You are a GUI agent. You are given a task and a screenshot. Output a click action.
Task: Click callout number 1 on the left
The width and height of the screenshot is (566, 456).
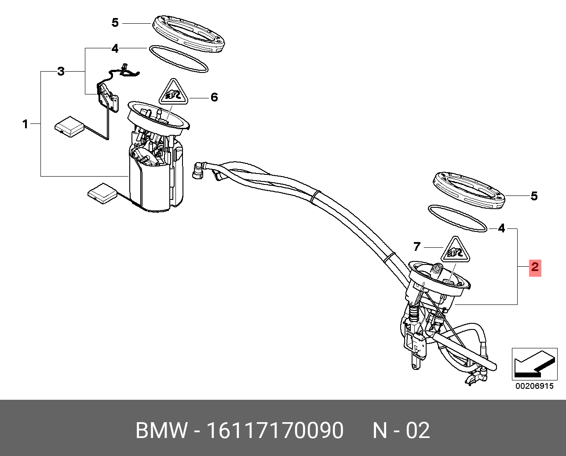tap(25, 124)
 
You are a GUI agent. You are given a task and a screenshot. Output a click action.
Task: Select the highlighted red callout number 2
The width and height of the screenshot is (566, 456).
tap(534, 267)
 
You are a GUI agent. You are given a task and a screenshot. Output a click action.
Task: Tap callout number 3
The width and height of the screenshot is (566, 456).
tap(61, 71)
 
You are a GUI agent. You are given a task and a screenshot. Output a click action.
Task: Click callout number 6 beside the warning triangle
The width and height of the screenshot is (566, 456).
tap(214, 97)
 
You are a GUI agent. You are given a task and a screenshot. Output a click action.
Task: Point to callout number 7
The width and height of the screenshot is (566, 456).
tap(417, 246)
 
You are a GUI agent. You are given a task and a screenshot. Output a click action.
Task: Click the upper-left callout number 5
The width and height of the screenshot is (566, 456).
tap(115, 22)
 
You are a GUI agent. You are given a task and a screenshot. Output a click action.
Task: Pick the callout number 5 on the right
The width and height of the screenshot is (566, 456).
tap(534, 196)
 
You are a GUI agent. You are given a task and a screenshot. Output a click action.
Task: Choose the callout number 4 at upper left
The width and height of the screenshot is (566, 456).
tap(115, 48)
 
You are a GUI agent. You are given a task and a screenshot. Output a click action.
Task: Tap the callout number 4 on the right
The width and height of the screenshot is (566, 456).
tap(501, 228)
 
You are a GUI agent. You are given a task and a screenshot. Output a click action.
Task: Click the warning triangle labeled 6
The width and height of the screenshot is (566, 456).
tap(174, 94)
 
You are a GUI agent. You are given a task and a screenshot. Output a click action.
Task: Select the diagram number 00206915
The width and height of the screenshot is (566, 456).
tap(534, 386)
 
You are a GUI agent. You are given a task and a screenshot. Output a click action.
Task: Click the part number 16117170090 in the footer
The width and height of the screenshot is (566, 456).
tap(275, 431)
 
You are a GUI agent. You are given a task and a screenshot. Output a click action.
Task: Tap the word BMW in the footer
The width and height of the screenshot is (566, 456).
tap(161, 431)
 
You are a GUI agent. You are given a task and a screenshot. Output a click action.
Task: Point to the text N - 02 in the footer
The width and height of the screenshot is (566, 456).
tap(401, 431)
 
